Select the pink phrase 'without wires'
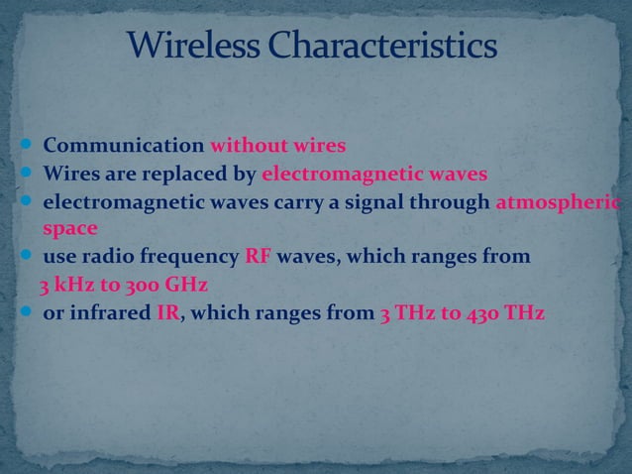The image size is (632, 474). pos(276,147)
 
